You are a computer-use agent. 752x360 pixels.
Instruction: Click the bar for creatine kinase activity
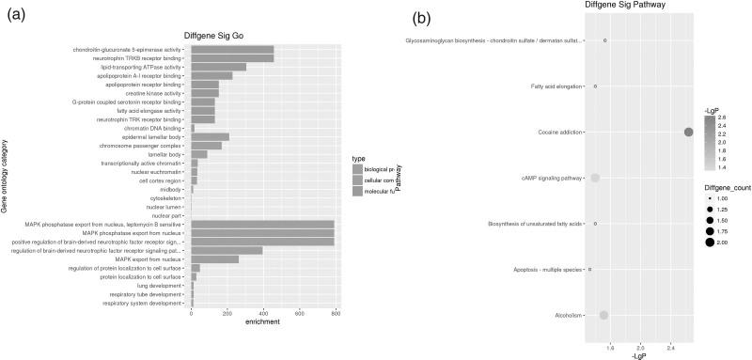click(x=205, y=93)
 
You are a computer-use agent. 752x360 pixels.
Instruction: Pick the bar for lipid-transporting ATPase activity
click(x=219, y=67)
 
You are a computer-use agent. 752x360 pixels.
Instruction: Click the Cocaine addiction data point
click(x=689, y=132)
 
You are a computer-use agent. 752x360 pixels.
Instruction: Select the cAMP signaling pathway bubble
click(x=594, y=178)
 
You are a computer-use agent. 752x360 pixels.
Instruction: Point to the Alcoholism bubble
click(x=603, y=315)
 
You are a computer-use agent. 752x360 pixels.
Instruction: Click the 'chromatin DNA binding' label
click(x=153, y=128)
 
